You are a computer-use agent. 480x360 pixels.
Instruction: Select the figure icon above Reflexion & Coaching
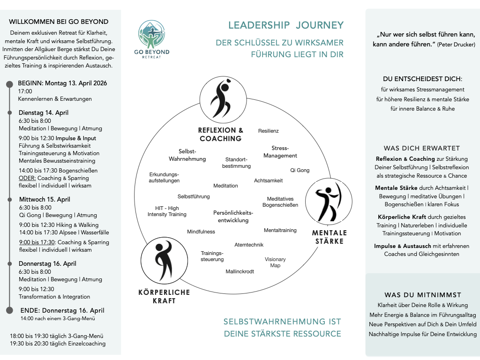(x=223, y=100)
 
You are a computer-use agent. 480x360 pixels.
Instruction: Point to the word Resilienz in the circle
(x=268, y=131)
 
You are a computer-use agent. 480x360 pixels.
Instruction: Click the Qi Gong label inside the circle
(x=300, y=170)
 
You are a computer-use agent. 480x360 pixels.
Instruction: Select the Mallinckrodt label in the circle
(x=240, y=271)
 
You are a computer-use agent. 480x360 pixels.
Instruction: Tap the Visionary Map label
(x=275, y=262)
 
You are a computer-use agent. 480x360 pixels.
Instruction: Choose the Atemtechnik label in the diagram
(x=249, y=245)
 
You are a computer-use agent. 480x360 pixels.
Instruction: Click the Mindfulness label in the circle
(x=201, y=232)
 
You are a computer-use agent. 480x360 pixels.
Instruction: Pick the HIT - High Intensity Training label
(x=167, y=211)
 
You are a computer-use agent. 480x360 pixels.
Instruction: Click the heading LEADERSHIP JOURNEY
(x=286, y=25)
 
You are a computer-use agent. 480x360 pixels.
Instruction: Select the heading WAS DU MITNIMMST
(x=423, y=295)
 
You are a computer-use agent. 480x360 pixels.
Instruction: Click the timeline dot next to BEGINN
(x=9, y=84)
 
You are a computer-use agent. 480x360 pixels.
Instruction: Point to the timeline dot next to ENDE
(x=9, y=310)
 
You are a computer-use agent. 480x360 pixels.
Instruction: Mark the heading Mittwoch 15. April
(x=45, y=199)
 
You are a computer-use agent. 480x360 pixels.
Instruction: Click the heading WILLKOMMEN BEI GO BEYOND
(x=59, y=22)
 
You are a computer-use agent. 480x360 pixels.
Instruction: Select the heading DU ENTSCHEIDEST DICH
(x=422, y=79)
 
